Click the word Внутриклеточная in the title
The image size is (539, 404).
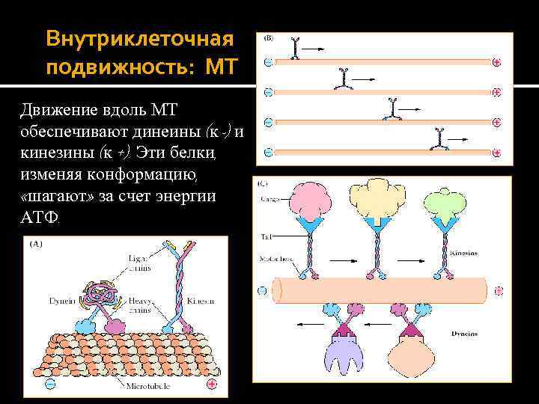pyautogui.click(x=139, y=37)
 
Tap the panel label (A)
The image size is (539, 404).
pyautogui.click(x=35, y=244)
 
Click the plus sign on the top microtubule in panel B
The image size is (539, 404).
pyautogui.click(x=497, y=64)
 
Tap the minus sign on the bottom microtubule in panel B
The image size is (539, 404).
pyautogui.click(x=268, y=150)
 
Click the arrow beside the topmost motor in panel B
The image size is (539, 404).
pyautogui.click(x=314, y=49)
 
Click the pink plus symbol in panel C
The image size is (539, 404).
pyautogui.click(x=497, y=290)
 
